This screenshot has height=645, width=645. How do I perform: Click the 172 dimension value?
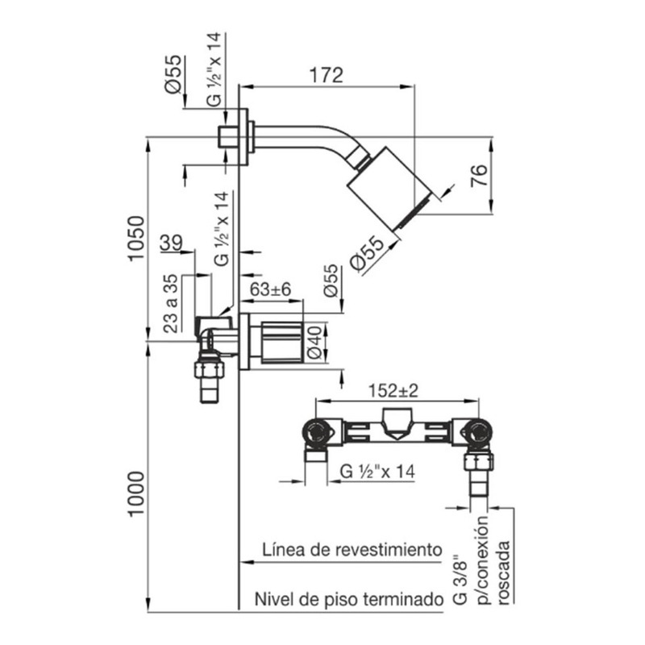327,75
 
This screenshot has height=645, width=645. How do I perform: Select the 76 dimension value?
477,175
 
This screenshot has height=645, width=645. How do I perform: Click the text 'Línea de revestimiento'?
352,550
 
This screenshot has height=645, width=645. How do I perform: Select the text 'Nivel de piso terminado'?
348,601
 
